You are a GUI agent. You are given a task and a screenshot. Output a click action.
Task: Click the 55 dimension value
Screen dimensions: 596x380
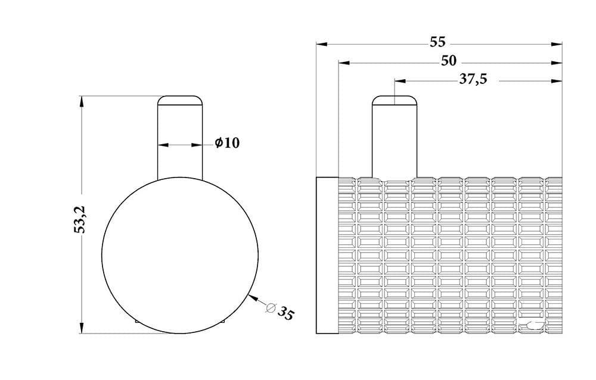437,42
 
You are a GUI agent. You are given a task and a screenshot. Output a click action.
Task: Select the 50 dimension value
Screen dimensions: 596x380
449,61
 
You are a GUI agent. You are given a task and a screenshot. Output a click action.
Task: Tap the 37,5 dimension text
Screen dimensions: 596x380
473,79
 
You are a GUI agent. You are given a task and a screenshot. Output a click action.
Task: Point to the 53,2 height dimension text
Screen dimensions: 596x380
80,219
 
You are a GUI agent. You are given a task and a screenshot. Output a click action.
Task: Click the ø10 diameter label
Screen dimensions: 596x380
227,143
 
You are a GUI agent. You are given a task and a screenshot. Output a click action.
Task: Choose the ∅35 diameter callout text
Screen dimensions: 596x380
281,312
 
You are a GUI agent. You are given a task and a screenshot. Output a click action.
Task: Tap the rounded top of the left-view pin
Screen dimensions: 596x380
180,99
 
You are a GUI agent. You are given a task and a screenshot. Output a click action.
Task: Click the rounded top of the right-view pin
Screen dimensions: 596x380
395,99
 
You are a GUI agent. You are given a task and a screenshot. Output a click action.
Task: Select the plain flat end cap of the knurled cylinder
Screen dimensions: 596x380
327,256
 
